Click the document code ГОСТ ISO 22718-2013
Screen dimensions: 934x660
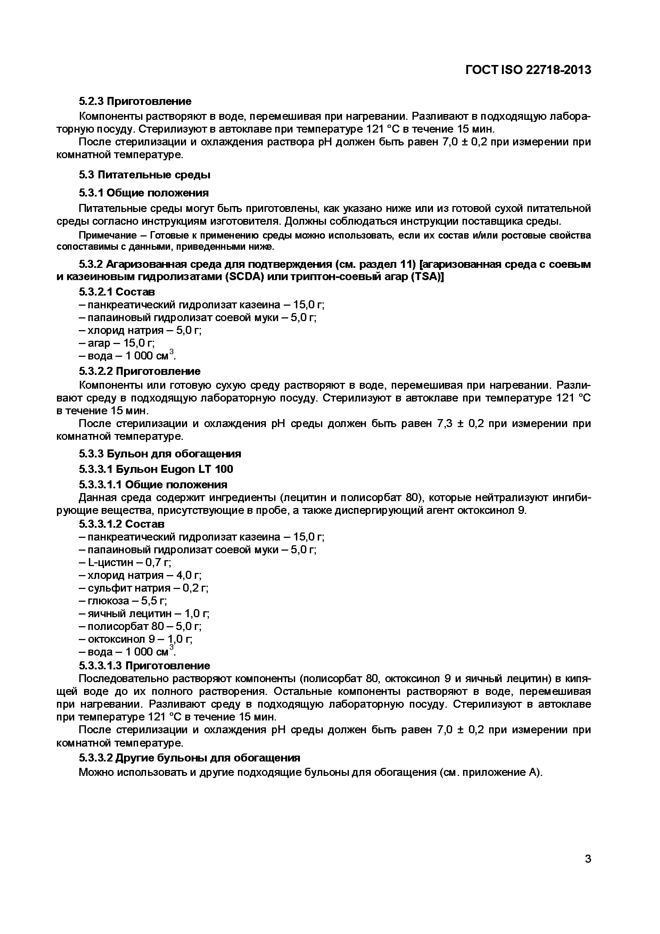point(528,70)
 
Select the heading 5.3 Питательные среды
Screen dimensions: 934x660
point(144,175)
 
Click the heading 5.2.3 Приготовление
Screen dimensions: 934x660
point(135,101)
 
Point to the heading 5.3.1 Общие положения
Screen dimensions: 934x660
point(143,193)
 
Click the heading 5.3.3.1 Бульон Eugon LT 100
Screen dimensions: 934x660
point(156,469)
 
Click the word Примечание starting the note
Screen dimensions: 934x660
point(107,236)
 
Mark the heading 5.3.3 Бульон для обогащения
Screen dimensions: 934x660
point(160,454)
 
